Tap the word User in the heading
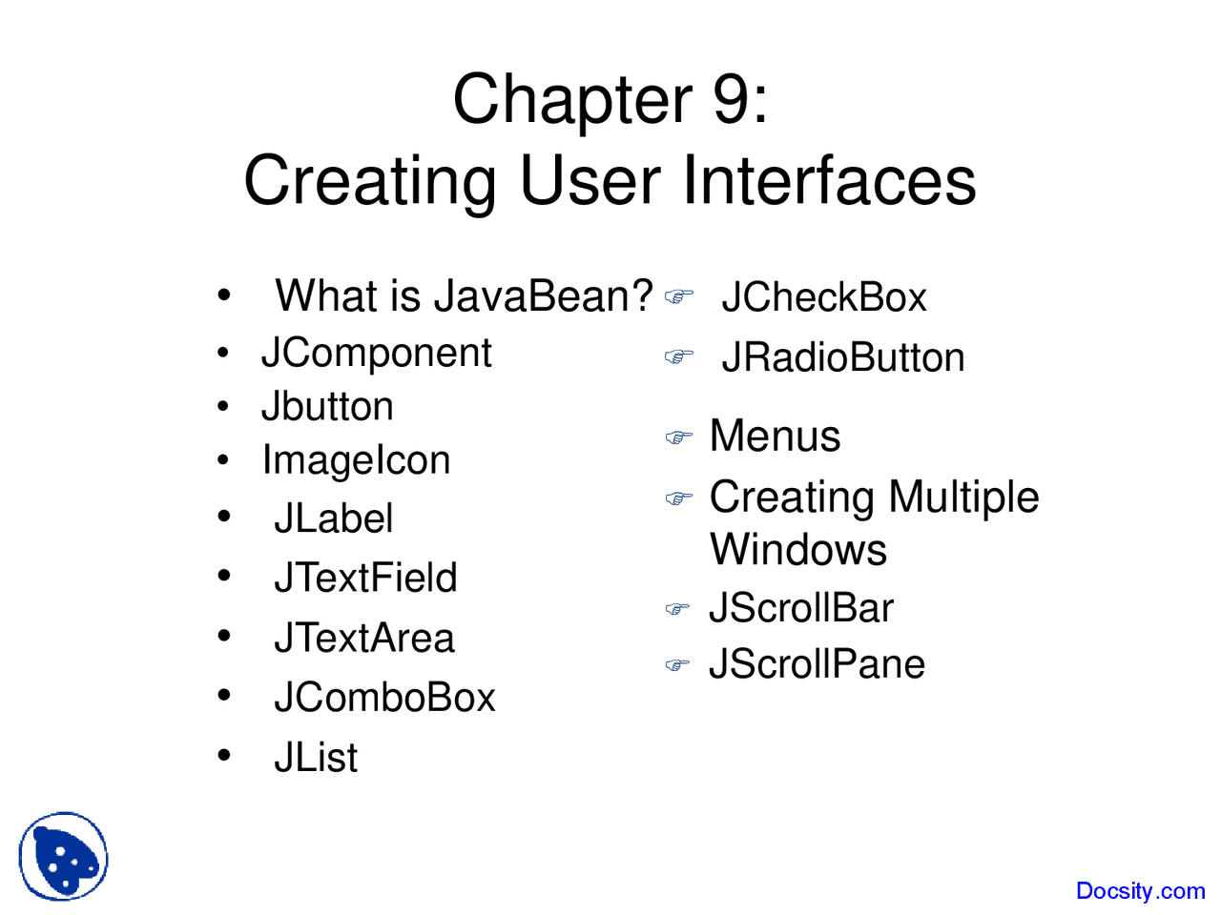pos(590,180)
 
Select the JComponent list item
pos(377,353)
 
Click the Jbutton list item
pos(327,406)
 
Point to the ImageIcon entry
pos(356,459)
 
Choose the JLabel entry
pos(333,518)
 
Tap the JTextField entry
pos(365,578)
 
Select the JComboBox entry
pos(383,697)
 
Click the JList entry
pos(316,756)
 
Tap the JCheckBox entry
pos(824,297)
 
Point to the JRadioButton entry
pos(842,356)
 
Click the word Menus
pos(775,436)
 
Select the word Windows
pos(798,549)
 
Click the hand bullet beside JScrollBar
pos(677,609)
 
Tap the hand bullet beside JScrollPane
pos(677,664)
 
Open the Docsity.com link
pos(1140,890)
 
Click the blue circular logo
pos(63,856)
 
